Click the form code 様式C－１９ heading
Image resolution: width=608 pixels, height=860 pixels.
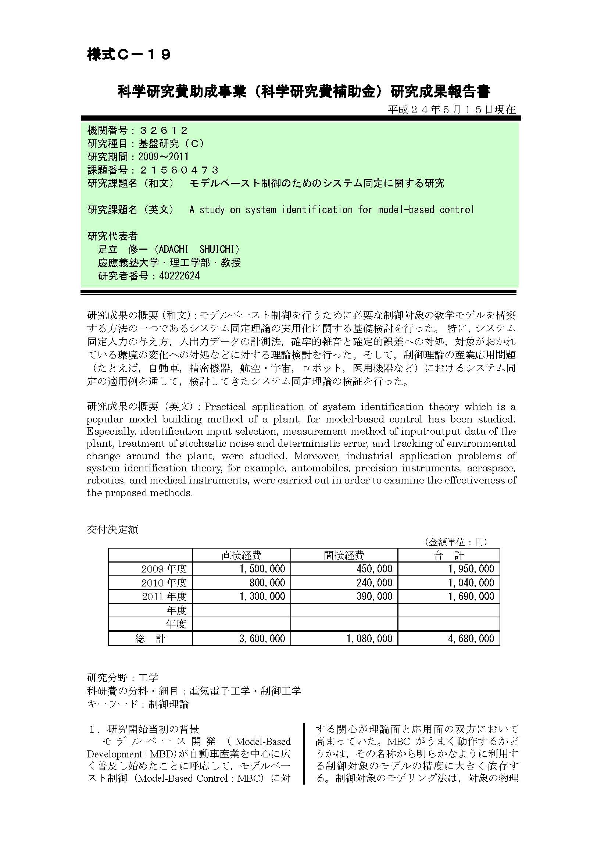coord(129,55)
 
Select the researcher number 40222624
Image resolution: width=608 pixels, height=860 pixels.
coord(179,276)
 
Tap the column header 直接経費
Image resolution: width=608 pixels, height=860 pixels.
coord(242,555)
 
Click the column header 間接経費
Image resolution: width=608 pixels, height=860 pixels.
coord(344,555)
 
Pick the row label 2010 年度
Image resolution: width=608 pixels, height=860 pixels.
coord(164,582)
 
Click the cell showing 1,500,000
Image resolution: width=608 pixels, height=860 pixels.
coord(262,568)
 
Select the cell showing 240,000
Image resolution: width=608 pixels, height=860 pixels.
coord(374,582)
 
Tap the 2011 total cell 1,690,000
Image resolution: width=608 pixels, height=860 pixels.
coord(471,596)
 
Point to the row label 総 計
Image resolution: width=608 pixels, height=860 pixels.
coord(150,639)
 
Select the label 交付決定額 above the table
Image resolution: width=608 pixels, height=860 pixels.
coord(112,529)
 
